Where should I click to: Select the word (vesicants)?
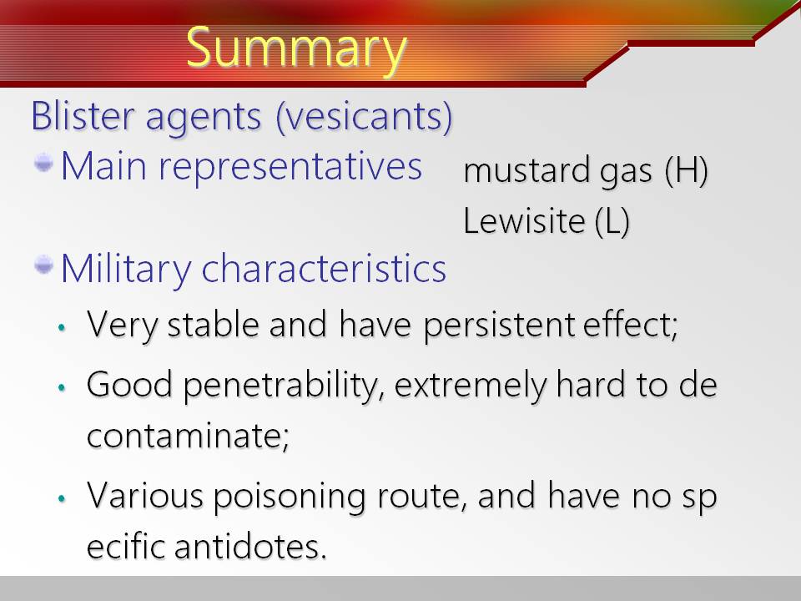pyautogui.click(x=364, y=118)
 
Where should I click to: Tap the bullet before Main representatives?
pyautogui.click(x=43, y=164)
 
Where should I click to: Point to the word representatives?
pyautogui.click(x=290, y=168)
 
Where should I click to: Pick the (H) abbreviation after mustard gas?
pyautogui.click(x=686, y=170)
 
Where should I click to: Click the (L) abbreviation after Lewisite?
pyautogui.click(x=612, y=222)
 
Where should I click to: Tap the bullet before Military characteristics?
pyautogui.click(x=43, y=265)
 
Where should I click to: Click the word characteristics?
pyautogui.click(x=324, y=269)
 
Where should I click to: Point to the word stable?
pyautogui.click(x=213, y=325)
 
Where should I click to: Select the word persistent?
pyautogui.click(x=500, y=326)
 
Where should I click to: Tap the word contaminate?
pyautogui.click(x=188, y=437)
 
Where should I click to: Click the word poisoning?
pyautogui.click(x=290, y=497)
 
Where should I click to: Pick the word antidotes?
pyautogui.click(x=250, y=547)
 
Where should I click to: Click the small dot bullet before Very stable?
pyautogui.click(x=62, y=327)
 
